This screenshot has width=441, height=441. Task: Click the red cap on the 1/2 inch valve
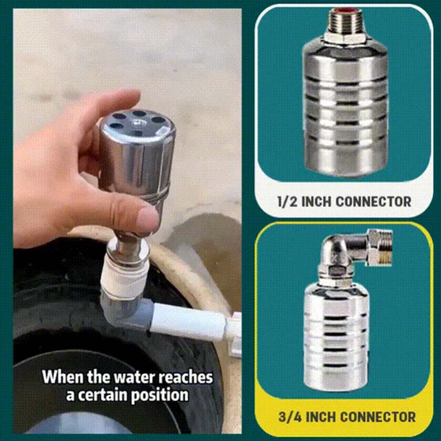pyautogui.click(x=343, y=10)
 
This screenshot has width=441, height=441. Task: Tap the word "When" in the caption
pyautogui.click(x=60, y=378)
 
